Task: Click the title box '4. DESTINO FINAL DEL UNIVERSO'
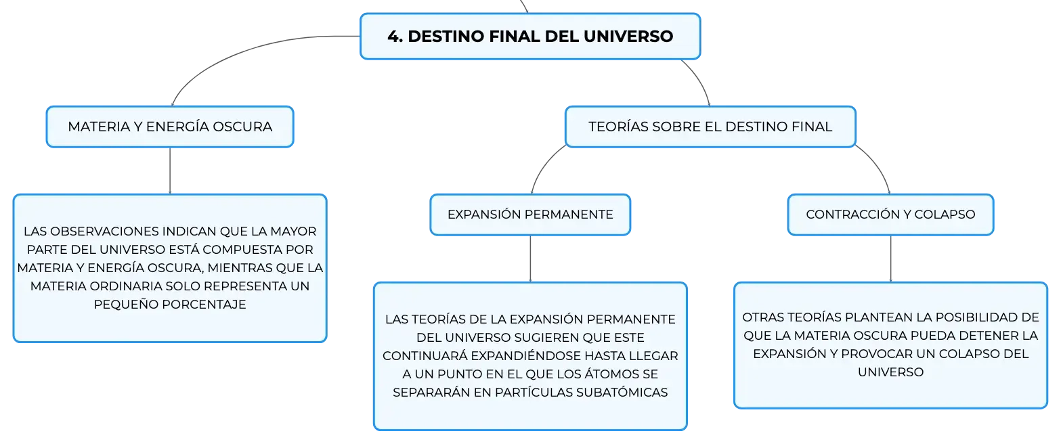point(530,37)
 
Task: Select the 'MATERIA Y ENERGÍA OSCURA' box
point(170,127)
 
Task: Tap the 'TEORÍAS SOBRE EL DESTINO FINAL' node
point(710,127)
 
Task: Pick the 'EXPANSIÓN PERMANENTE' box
point(531,215)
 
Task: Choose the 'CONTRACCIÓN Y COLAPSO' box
point(890,215)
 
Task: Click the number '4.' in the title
point(395,37)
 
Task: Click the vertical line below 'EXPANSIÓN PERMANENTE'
point(531,259)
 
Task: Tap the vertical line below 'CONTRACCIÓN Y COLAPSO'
point(891,259)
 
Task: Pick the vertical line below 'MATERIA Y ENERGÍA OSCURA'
point(170,171)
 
